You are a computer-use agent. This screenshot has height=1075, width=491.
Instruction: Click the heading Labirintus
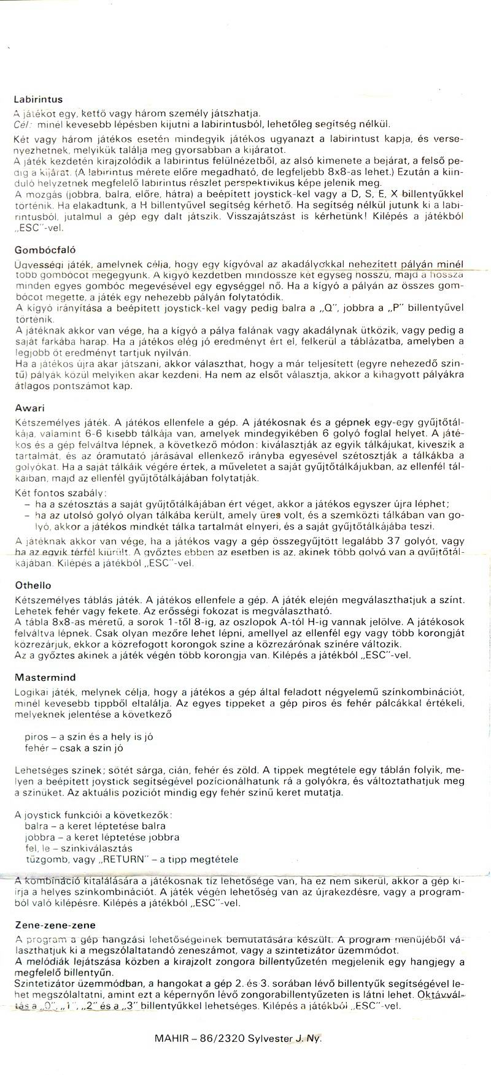(37, 99)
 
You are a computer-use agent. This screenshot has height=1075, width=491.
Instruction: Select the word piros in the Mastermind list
(37, 735)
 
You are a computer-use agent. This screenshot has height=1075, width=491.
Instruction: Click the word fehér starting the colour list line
(37, 748)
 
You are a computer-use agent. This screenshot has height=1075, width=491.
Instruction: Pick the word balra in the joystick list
(36, 826)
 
